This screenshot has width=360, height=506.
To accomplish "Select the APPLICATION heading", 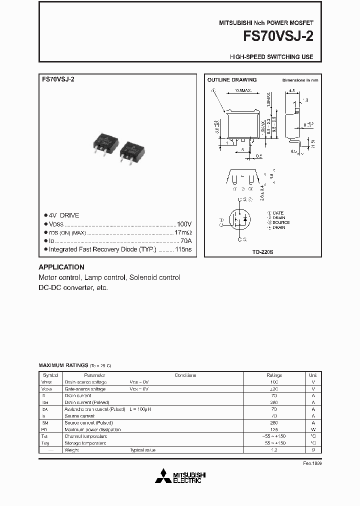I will [61, 267].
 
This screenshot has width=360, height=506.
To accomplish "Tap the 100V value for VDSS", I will [184, 224].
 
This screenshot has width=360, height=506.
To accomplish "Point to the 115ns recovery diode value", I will [182, 249].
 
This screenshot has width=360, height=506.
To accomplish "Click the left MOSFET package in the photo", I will [106, 143].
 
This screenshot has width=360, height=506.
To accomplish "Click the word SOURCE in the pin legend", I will [280, 222].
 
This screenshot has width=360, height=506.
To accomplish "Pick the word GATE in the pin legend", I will [278, 213].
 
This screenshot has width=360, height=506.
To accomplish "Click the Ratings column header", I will [274, 375].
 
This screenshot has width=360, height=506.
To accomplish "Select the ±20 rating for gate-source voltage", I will [274, 388].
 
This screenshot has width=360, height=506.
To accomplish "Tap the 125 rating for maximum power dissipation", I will [274, 429].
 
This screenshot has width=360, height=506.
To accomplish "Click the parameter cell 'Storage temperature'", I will [85, 443].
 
